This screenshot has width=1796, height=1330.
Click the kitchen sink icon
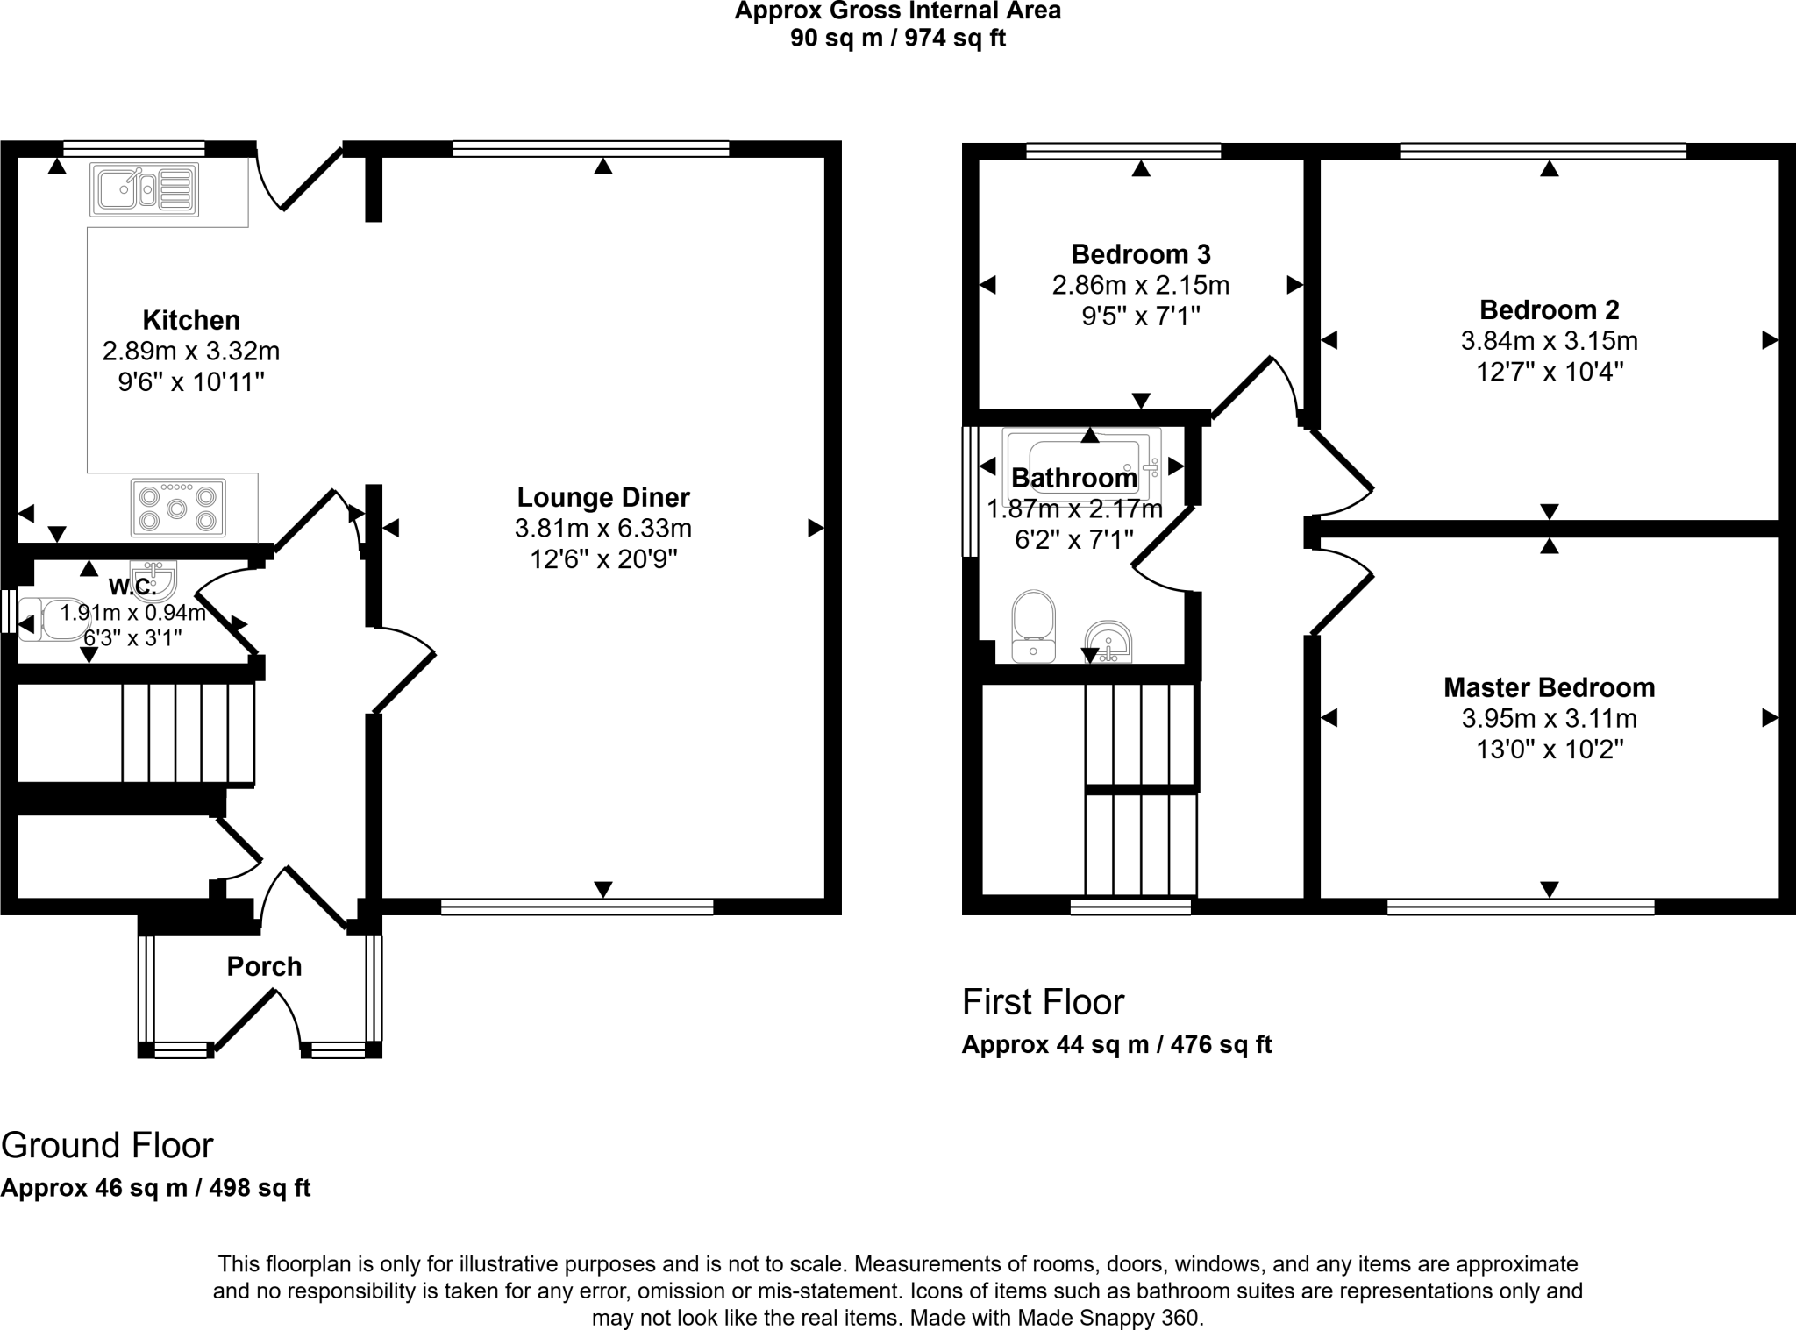[x=144, y=189]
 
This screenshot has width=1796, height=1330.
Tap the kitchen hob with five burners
[x=178, y=507]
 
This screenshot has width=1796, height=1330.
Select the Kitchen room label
[x=191, y=320]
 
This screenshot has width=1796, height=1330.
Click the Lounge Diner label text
[x=603, y=497]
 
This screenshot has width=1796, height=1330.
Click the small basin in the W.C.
[x=154, y=576]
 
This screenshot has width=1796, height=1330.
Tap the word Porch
[x=264, y=966]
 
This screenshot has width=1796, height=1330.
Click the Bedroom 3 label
[x=1141, y=254]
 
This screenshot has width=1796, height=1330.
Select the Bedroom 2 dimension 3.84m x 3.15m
[x=1549, y=341]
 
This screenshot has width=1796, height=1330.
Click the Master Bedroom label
[x=1549, y=687]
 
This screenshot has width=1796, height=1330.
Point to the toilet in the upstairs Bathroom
[x=1034, y=626]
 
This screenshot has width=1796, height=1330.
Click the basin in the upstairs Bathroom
[x=1108, y=644]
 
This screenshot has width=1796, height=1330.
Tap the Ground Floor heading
[x=107, y=1145]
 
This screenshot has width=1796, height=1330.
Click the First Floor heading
[x=1043, y=1002]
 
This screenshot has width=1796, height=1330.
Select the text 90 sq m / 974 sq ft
[x=897, y=39]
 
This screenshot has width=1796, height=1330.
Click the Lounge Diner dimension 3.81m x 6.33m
[x=603, y=529]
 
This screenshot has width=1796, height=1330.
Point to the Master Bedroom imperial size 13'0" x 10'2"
[x=1550, y=750]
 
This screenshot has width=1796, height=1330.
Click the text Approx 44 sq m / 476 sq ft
[x=1116, y=1045]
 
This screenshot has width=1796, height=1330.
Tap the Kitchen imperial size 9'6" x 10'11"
[x=191, y=382]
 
